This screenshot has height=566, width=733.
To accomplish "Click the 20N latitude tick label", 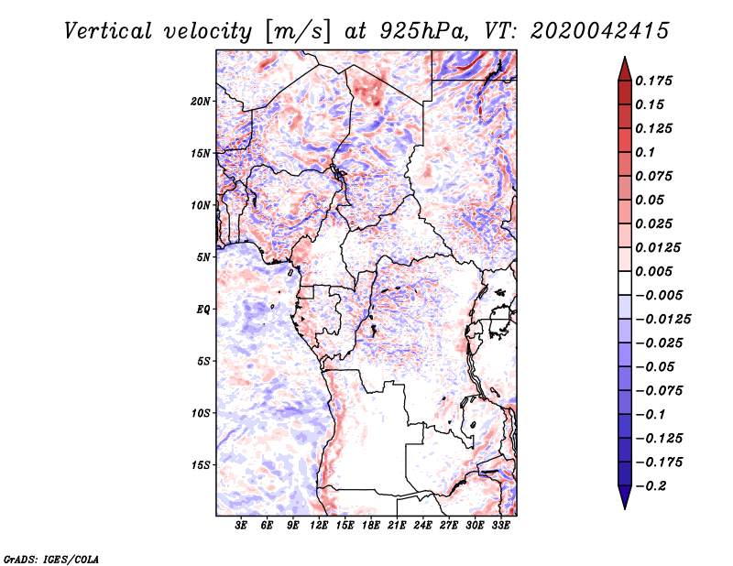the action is pyautogui.click(x=201, y=101).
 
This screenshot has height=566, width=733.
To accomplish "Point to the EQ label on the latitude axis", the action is pyautogui.click(x=203, y=310).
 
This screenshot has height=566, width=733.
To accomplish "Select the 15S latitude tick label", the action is pyautogui.click(x=201, y=465).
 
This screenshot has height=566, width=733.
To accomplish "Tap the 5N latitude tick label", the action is pyautogui.click(x=203, y=257).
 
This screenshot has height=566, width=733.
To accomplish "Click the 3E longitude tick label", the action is pyautogui.click(x=241, y=526).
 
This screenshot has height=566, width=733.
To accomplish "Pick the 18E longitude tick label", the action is pyautogui.click(x=371, y=526).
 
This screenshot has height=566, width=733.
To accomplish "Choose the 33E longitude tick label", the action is pyautogui.click(x=500, y=526).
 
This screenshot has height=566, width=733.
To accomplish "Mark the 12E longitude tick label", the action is pyautogui.click(x=319, y=526).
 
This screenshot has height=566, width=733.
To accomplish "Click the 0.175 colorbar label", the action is pyautogui.click(x=653, y=81).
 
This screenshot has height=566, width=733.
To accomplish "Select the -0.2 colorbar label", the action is pyautogui.click(x=651, y=486).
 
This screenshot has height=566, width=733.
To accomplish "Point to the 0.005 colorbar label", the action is pyautogui.click(x=653, y=271).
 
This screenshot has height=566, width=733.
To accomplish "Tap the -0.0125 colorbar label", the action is pyautogui.click(x=662, y=320).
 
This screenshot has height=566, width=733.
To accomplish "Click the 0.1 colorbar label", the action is pyautogui.click(x=645, y=152).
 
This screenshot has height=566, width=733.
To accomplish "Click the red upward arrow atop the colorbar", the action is pyautogui.click(x=625, y=69).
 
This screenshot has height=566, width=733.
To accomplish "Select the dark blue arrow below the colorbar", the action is pyautogui.click(x=625, y=497).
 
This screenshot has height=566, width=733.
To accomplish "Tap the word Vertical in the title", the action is pyautogui.click(x=107, y=31).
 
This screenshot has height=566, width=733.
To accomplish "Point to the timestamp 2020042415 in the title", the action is pyautogui.click(x=600, y=31).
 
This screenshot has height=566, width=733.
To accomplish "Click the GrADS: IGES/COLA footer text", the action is pyautogui.click(x=51, y=559).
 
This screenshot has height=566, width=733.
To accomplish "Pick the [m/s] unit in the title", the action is pyautogui.click(x=298, y=32).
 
